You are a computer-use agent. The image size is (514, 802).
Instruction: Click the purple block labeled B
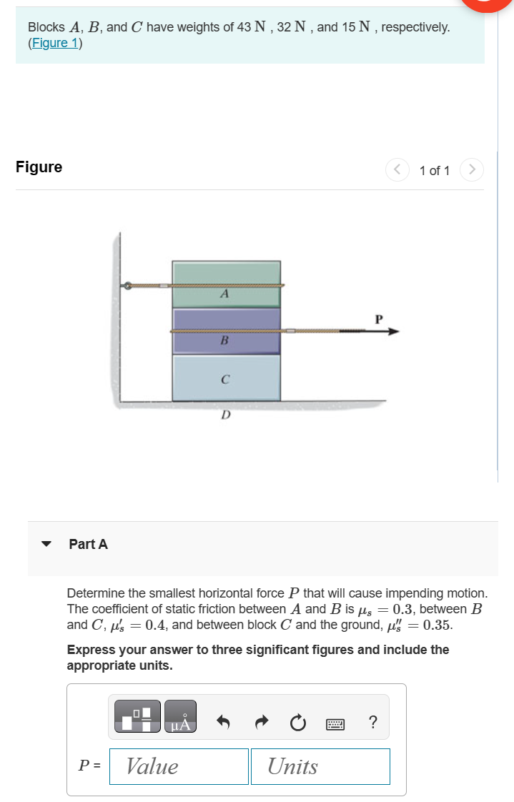(x=226, y=322)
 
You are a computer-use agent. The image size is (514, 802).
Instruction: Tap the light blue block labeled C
(x=226, y=377)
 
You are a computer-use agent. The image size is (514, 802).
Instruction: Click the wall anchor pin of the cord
(x=127, y=286)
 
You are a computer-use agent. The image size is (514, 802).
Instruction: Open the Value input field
(x=179, y=766)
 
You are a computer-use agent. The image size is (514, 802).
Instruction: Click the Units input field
(x=320, y=766)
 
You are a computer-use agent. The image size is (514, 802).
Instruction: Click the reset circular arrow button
(x=296, y=723)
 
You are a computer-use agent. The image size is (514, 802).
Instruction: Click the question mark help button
(x=372, y=723)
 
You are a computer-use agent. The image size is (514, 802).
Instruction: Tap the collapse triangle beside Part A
(x=47, y=544)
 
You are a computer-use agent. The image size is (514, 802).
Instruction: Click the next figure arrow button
(x=471, y=170)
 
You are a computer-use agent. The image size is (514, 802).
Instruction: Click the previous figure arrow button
(x=397, y=170)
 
